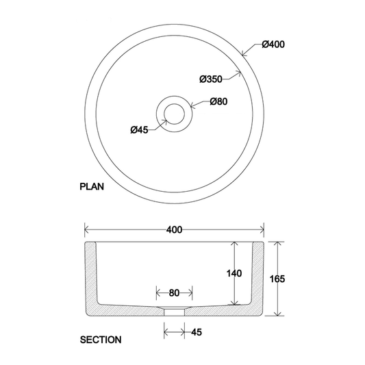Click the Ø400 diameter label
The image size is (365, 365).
tap(273, 45)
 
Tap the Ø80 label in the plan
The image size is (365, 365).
tap(218, 102)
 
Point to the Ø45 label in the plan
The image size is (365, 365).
tap(140, 129)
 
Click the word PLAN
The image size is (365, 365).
tap(92, 186)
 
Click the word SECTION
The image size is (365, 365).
tap(101, 339)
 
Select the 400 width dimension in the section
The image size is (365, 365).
tap(174, 230)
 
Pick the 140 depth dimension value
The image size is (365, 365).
tap(234, 273)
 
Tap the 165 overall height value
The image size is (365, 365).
tap(277, 279)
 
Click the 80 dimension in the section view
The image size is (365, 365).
tap(174, 293)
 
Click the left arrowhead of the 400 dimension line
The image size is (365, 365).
tap(86, 230)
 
